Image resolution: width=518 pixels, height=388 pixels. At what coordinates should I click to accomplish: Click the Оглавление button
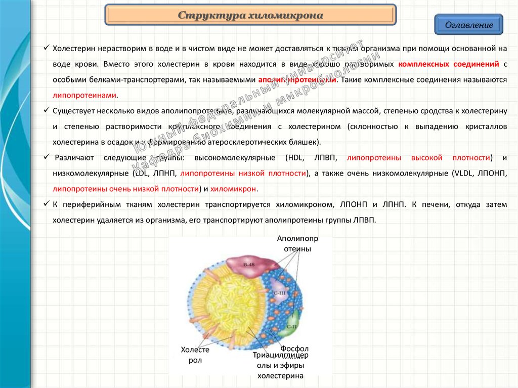tap(468, 25)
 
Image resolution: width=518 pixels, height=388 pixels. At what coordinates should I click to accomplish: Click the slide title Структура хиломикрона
tap(250, 16)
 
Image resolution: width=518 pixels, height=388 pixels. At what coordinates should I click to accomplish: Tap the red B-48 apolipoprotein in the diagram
tap(249, 264)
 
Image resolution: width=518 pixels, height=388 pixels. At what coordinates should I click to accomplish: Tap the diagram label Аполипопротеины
tap(297, 243)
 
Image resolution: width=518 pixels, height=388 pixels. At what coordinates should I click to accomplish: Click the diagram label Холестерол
tap(195, 355)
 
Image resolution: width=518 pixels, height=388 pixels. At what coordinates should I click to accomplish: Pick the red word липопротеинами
tap(84, 95)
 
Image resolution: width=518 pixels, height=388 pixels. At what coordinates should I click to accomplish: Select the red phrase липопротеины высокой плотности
tap(416, 158)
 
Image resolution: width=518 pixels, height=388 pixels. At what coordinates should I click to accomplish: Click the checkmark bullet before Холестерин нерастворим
tap(46, 49)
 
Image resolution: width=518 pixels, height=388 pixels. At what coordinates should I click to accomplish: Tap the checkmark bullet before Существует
tap(46, 110)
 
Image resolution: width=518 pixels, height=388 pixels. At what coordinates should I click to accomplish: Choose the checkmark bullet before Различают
tap(46, 157)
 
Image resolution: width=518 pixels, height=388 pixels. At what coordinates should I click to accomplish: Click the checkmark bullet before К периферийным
tap(46, 204)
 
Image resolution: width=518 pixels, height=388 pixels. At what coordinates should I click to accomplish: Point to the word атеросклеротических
tap(251, 142)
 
